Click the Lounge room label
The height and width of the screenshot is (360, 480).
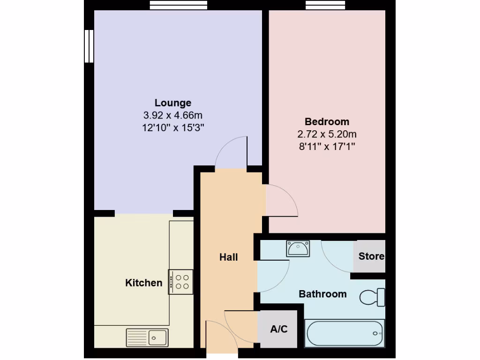click(173, 103)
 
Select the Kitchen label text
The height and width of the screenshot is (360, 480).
click(143, 283)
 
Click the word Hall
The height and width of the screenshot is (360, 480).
click(229, 257)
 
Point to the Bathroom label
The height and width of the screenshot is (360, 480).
click(322, 294)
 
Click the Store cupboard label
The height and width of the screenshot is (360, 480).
click(371, 256)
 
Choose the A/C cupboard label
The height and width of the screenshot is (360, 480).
click(279, 329)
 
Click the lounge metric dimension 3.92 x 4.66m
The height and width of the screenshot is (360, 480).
click(173, 115)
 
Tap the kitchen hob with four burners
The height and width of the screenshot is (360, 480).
click(181, 282)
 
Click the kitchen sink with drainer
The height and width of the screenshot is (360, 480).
click(147, 337)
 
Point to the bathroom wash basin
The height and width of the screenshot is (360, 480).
click(298, 248)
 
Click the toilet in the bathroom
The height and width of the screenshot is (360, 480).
click(373, 297)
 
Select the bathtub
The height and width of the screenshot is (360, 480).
click(345, 333)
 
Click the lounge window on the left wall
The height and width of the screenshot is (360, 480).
click(89, 46)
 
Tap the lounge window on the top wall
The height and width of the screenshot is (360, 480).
click(178, 5)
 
